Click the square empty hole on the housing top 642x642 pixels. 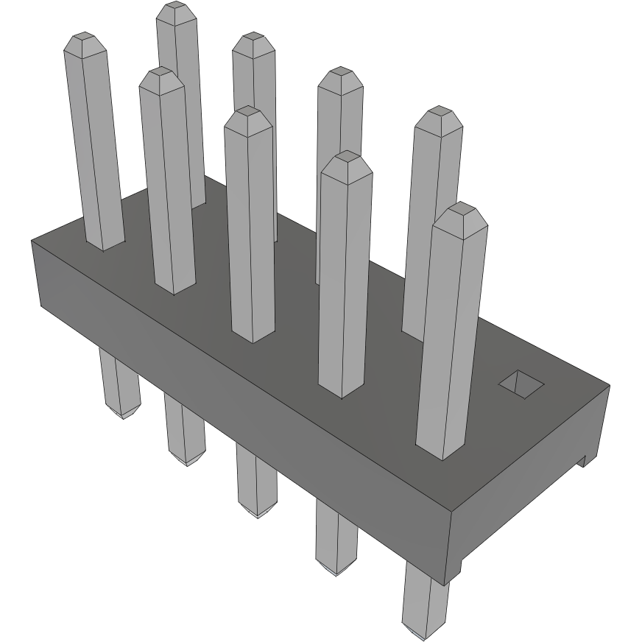[521, 383]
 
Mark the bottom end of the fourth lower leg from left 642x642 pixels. [339, 572]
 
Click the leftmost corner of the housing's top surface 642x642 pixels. [32, 241]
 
